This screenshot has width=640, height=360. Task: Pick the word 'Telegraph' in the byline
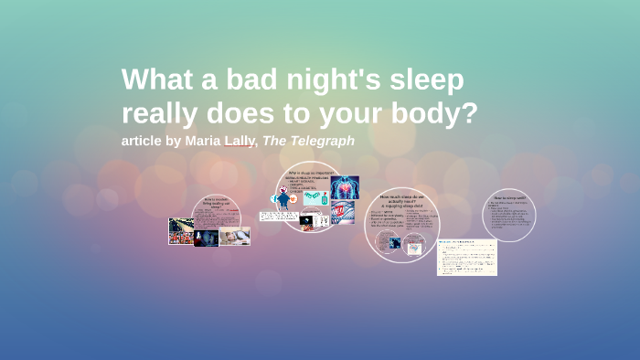pos(320,141)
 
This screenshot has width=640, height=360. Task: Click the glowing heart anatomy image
pos(345,187)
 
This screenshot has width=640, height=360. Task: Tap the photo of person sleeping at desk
pos(234,236)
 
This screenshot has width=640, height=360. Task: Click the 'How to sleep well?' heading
pos(508,198)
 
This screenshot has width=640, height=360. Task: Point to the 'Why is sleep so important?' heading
pos(305,173)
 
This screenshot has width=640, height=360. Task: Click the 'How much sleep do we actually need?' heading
pos(401,200)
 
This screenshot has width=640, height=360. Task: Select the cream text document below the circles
pos(466,257)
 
